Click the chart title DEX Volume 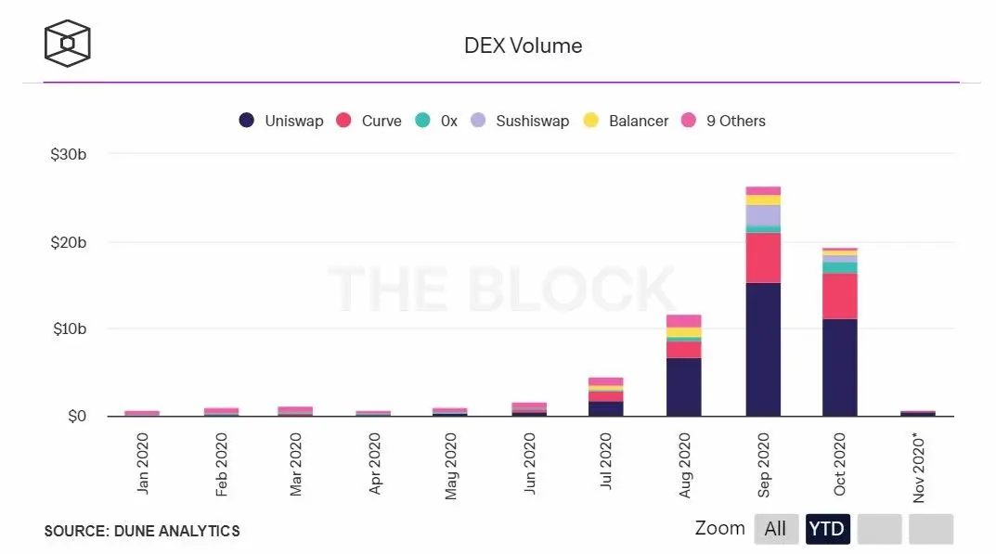pos(523,45)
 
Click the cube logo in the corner pos(68,44)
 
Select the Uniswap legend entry pos(281,121)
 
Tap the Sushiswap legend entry pos(520,121)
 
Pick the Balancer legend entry pos(627,121)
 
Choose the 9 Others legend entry pos(724,121)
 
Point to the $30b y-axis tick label pos(69,154)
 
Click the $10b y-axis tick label pos(69,329)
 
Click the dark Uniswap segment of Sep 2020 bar pos(763,348)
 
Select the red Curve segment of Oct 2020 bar pos(839,296)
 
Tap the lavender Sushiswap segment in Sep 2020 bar pos(763,215)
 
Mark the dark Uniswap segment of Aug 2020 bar pos(683,386)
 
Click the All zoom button pos(775,529)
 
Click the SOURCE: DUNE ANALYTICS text pos(141,531)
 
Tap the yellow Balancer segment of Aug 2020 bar pos(683,331)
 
